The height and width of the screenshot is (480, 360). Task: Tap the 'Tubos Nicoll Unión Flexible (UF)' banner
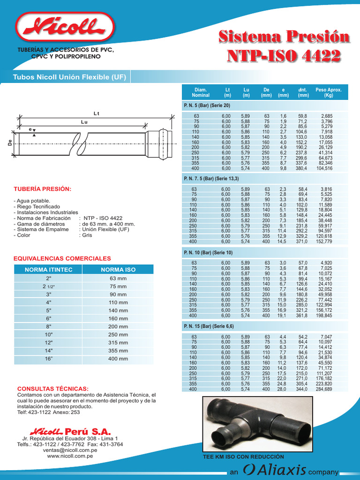69,77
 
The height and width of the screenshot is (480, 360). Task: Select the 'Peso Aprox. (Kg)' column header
328,92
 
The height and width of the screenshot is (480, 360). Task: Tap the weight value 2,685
327,116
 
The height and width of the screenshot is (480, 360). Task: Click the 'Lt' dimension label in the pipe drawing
97,113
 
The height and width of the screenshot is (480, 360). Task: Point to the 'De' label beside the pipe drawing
9,143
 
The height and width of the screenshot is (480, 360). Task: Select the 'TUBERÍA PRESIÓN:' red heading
43,189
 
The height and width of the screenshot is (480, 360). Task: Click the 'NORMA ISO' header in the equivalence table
119,270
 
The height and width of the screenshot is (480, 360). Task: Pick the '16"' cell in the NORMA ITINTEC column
49,359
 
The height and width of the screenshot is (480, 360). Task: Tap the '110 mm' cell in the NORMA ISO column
119,302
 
